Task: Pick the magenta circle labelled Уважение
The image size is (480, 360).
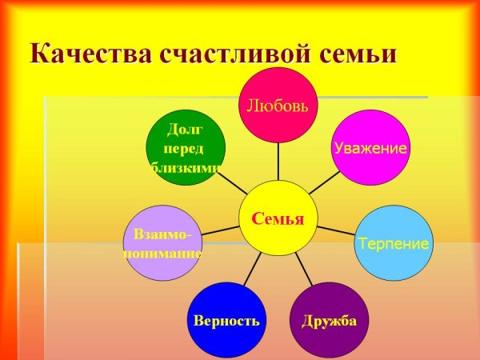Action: point(370,148)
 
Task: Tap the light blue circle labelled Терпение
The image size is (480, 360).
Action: point(393,242)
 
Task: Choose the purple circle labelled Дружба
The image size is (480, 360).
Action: point(329,320)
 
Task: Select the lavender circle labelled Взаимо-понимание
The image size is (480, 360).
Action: point(162,243)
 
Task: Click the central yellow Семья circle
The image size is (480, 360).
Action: point(278,218)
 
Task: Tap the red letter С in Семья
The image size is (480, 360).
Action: point(256,218)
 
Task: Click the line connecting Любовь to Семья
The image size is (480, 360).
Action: point(278,162)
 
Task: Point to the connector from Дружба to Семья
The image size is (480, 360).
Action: point(305,269)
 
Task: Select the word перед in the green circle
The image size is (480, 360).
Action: point(184,148)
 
